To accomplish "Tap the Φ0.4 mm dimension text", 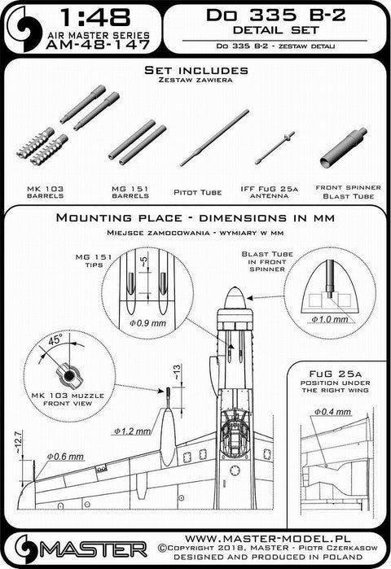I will pos(333,424).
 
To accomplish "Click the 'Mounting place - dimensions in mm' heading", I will pos(195,221).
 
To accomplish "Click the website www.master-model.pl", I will pos(278,538).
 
